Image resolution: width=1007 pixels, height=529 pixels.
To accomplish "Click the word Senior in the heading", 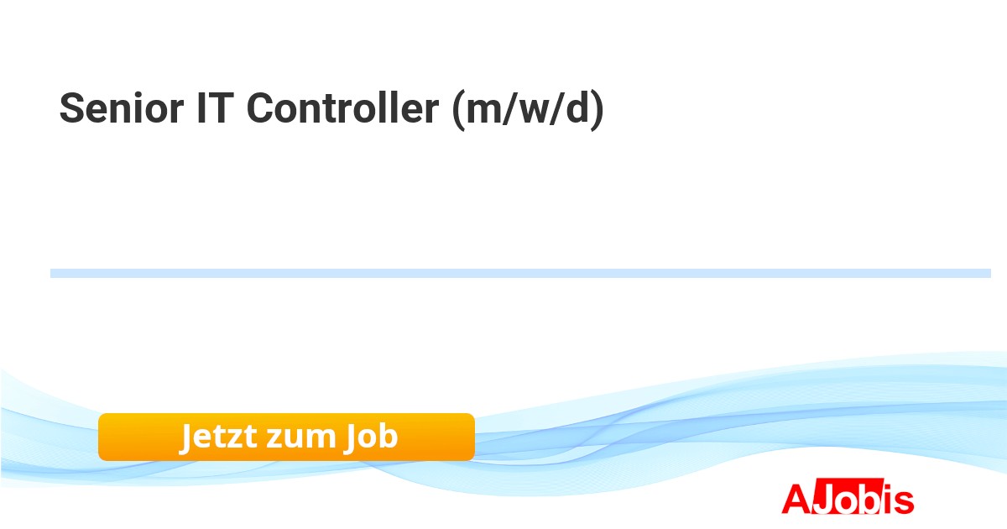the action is pos(122,108).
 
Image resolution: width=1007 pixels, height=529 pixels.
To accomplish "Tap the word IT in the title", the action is pos(216,108).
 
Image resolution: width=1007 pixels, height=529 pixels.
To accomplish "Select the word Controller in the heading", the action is pos(342,107).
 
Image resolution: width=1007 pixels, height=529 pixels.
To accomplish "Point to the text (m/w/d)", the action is pos(528,110).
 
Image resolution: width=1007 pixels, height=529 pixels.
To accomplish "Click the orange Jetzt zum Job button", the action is pos(286,437).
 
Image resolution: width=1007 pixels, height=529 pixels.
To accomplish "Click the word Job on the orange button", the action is pos(370,437).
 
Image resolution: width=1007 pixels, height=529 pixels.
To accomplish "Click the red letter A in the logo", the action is pos(796,499).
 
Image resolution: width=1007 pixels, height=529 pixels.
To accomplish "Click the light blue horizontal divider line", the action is pos(520,273).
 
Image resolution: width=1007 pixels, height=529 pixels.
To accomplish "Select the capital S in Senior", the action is pos(72,108).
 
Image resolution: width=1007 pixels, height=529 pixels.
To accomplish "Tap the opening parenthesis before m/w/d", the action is pos(458,110).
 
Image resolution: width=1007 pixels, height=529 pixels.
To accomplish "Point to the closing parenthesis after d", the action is pos(597,110).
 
